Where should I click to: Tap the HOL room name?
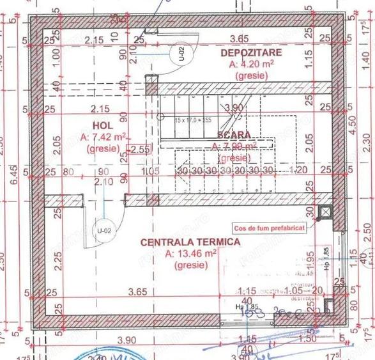click(x=102, y=125)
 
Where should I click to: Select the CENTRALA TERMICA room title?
click(x=190, y=242)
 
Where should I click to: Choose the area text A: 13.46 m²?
click(x=190, y=253)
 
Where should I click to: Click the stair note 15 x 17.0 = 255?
click(x=192, y=120)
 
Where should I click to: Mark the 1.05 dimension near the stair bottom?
click(x=151, y=171)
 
